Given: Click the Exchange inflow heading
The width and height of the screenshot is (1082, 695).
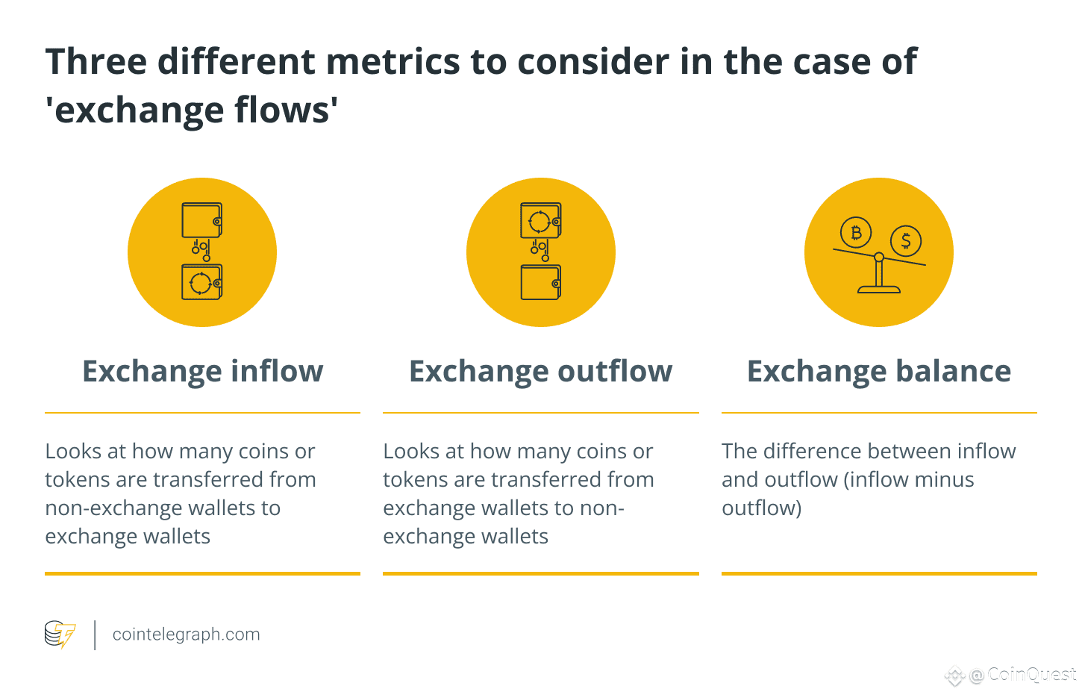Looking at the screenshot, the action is (202, 371).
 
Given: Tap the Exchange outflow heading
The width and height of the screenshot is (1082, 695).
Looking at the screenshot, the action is (540, 371).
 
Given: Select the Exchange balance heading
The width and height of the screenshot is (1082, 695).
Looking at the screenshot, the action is (878, 371).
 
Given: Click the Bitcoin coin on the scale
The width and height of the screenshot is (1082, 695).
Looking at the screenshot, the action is (856, 232).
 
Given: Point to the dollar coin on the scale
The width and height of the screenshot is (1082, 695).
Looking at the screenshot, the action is (906, 240).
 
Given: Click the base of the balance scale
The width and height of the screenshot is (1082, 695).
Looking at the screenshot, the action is (878, 290).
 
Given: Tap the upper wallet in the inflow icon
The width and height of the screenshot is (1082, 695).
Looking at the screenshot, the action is (202, 220).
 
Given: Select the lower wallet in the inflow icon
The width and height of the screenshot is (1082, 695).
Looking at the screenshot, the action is (202, 282).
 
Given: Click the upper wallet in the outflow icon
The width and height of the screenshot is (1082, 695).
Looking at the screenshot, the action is (540, 220).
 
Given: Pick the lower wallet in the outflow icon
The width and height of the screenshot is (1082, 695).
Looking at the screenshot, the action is (540, 282).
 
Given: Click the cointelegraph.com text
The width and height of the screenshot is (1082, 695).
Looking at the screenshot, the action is (186, 634).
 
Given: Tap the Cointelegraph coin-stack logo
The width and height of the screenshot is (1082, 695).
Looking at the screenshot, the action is (60, 634).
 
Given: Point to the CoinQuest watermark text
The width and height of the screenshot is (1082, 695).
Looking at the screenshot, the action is (1032, 674).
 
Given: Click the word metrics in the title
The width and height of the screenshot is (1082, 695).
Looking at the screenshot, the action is (393, 62).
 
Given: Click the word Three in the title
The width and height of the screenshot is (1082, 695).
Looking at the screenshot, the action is (96, 62).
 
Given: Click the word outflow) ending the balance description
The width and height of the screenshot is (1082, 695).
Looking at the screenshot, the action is (762, 508).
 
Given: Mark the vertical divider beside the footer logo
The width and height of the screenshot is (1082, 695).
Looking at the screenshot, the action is (95, 635).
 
